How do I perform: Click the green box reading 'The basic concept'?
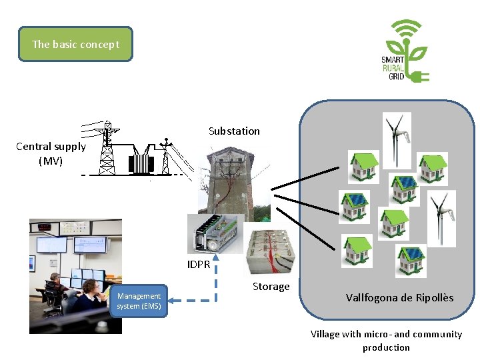click(75, 44)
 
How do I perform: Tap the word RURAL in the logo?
click(393, 68)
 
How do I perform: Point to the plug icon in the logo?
click(419, 76)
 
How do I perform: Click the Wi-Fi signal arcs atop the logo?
click(407, 27)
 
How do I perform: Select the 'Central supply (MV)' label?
click(51, 153)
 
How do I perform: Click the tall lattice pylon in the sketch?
click(107, 148)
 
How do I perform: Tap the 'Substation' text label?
click(234, 131)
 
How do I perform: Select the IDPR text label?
click(199, 264)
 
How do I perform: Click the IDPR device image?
click(215, 233)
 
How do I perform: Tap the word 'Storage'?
click(271, 287)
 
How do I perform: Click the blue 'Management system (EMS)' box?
click(139, 301)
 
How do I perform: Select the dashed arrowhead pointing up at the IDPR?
click(216, 258)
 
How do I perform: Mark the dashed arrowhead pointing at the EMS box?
click(171, 301)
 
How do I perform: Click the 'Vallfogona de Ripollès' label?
click(399, 298)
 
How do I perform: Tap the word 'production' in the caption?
click(386, 347)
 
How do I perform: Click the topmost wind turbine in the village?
click(397, 140)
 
